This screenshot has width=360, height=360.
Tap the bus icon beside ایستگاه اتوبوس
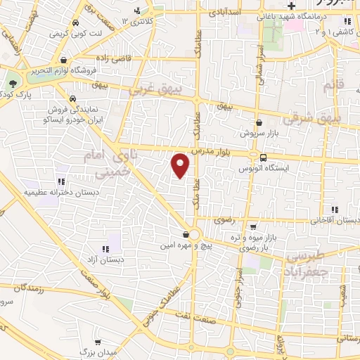click(263, 157)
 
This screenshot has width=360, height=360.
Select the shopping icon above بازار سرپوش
click(259, 122)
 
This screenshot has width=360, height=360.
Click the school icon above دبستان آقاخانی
click(335, 210)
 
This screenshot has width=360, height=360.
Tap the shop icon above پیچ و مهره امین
click(185, 235)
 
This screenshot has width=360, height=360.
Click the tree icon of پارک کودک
click(13, 82)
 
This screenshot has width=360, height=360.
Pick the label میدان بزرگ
click(91, 351)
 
